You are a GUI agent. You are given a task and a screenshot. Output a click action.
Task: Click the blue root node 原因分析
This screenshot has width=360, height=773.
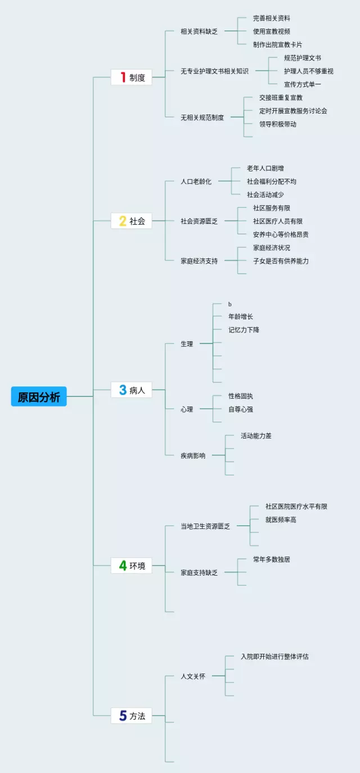pyautogui.click(x=39, y=397)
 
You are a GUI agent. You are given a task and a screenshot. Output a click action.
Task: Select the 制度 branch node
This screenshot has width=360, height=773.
pyautogui.click(x=132, y=78)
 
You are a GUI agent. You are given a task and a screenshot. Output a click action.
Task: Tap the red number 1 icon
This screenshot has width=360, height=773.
pyautogui.click(x=123, y=78)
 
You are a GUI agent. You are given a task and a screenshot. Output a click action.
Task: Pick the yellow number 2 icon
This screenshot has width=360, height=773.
pyautogui.click(x=123, y=221)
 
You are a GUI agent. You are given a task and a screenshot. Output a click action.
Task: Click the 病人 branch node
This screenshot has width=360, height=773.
pyautogui.click(x=132, y=390)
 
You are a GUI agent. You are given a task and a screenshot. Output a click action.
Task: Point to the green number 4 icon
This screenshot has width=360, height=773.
pyautogui.click(x=123, y=566)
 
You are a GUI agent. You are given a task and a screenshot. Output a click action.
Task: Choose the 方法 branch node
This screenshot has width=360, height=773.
pyautogui.click(x=132, y=716)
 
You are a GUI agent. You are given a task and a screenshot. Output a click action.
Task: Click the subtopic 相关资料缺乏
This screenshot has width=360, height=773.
pyautogui.click(x=199, y=31)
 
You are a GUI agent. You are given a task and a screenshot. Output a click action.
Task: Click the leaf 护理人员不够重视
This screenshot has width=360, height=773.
pyautogui.click(x=309, y=71)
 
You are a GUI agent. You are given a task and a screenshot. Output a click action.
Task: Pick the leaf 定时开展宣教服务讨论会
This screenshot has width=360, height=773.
pyautogui.click(x=293, y=111)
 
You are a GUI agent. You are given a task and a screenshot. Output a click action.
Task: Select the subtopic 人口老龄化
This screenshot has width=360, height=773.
pyautogui.click(x=196, y=182)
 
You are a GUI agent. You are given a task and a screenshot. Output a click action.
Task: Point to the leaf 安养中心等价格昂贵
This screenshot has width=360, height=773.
pyautogui.click(x=281, y=234)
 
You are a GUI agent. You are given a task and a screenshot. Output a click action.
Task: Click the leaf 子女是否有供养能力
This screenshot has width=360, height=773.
pyautogui.click(x=281, y=261)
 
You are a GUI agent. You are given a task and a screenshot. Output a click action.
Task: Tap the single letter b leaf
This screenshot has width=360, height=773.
pyautogui.click(x=230, y=304)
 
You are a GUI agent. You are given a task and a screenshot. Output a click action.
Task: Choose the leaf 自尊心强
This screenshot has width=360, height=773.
pyautogui.click(x=241, y=409)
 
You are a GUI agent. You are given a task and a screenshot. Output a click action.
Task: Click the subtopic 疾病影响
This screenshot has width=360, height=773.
pyautogui.click(x=193, y=456)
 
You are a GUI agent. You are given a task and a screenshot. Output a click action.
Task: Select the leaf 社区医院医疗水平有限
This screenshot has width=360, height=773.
pyautogui.click(x=296, y=507)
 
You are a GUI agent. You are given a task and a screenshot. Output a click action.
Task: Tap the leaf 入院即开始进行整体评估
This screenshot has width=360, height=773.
pyautogui.click(x=274, y=656)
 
